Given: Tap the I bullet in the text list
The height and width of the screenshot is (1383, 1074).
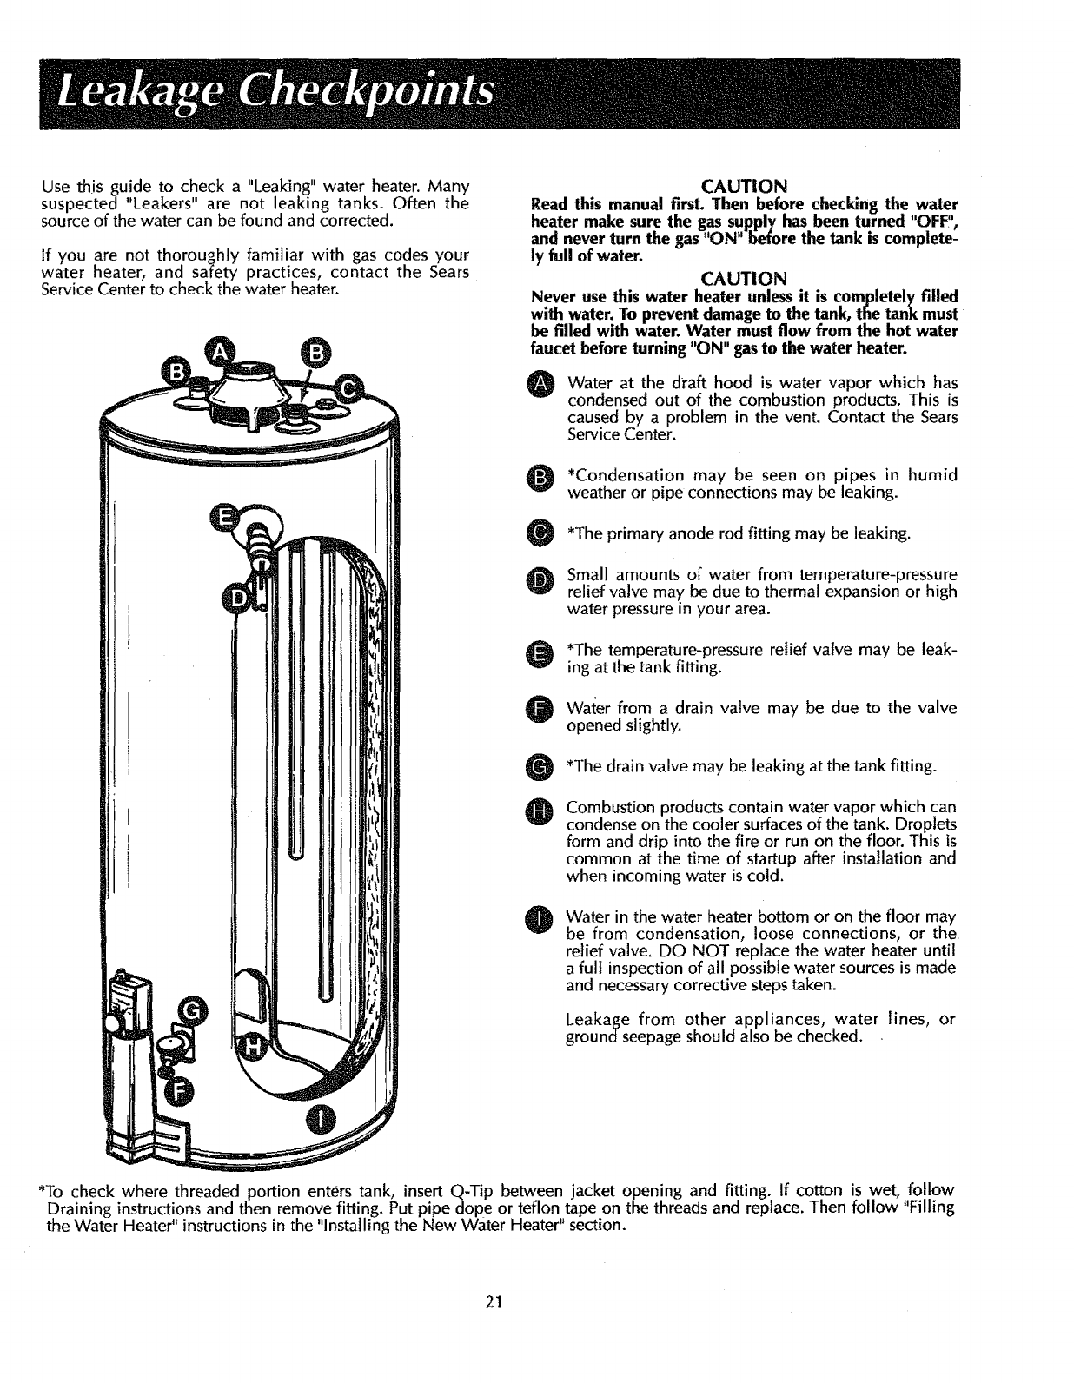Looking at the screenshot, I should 540,919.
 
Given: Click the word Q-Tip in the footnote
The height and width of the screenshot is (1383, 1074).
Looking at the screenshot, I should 474,1189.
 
